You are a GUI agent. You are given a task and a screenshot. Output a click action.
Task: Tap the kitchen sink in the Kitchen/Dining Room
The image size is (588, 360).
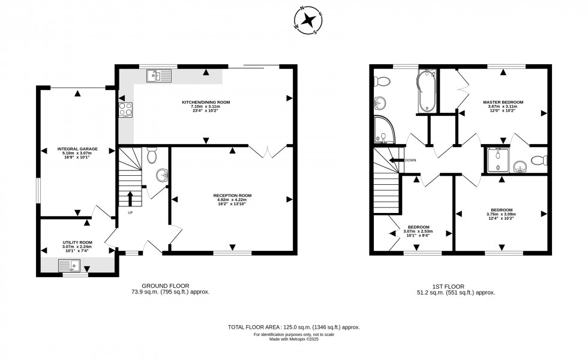point(158,76)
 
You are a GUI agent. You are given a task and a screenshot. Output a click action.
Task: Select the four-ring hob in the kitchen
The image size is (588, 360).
point(126,109)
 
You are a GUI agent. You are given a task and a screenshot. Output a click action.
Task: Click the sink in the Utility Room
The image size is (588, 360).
point(70,265)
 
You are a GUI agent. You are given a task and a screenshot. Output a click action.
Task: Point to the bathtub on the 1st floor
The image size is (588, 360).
point(426,91)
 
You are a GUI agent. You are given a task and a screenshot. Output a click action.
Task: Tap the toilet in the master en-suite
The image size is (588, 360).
point(540,160)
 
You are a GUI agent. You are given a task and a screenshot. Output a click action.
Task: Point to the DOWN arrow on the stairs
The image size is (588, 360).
point(397,160)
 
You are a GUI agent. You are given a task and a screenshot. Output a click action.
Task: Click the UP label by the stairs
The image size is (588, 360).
point(130,212)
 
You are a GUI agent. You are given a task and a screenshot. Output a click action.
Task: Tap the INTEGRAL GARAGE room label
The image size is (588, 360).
point(77,149)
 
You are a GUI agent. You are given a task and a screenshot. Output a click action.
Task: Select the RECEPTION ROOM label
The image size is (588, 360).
point(232,196)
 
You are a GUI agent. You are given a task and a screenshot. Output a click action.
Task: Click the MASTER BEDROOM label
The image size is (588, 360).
point(503,103)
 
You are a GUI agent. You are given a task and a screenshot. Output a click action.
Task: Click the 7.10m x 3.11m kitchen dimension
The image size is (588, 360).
point(206,107)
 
